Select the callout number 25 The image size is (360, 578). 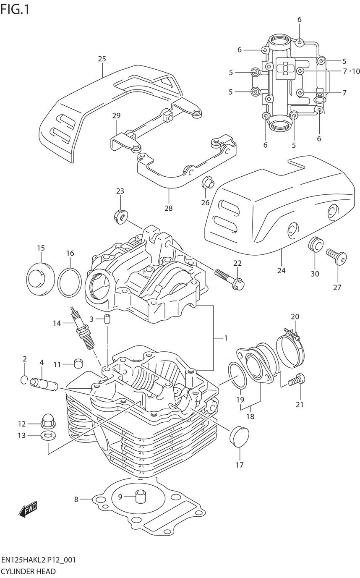[x=102, y=59]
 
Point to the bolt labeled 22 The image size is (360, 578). [x=229, y=280]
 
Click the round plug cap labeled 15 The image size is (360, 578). [x=40, y=280]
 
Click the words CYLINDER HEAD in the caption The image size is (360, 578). [x=28, y=571]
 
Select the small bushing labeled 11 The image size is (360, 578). [x=77, y=363]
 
